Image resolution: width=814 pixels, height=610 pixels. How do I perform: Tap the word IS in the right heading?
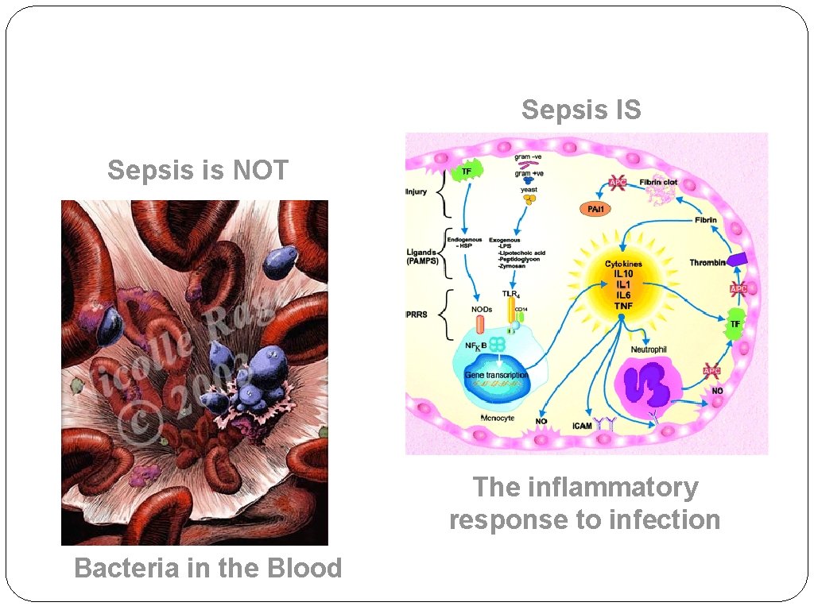coord(623,110)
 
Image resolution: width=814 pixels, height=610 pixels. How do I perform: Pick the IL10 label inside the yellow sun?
coord(623,274)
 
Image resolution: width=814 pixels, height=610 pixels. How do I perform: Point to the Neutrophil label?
coord(649,349)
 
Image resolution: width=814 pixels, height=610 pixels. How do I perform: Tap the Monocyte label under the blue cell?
coord(499,417)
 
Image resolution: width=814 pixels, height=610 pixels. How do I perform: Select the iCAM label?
coord(583,427)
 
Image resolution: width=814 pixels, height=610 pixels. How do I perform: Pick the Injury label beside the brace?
coord(417,191)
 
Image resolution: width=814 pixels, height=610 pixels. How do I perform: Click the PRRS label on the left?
coord(417,315)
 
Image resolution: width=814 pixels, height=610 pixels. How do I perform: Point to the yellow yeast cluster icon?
coord(529,201)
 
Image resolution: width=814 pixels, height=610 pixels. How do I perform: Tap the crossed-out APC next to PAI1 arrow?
coord(618,182)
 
